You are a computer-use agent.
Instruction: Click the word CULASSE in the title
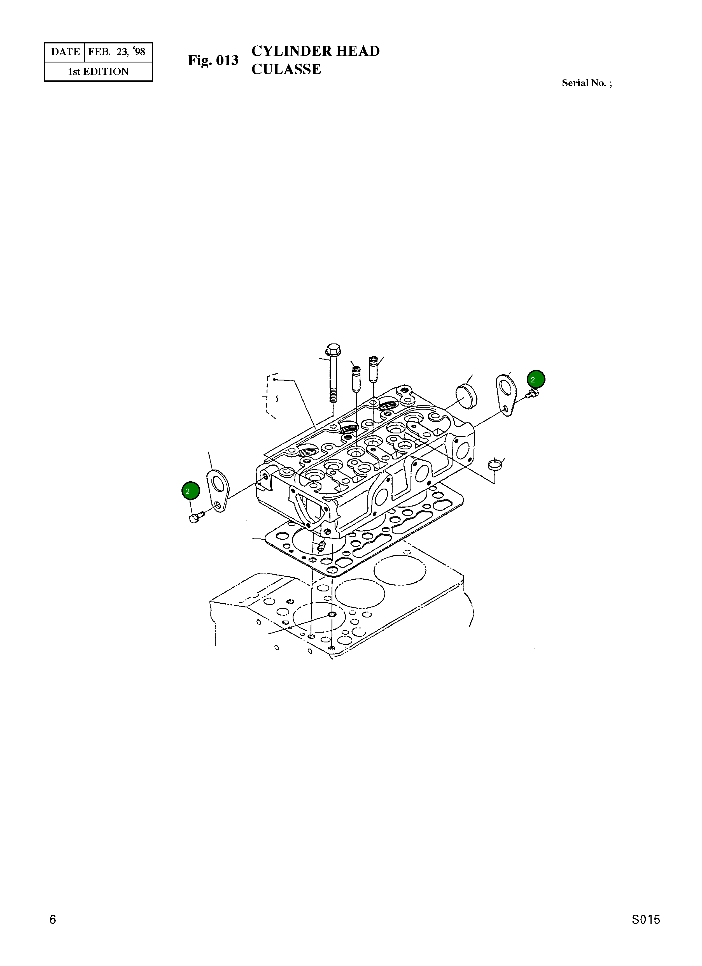[x=286, y=69]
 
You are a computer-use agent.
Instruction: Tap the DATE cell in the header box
[x=65, y=52]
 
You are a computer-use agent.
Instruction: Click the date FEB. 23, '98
[x=117, y=52]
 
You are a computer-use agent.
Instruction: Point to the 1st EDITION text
[x=98, y=71]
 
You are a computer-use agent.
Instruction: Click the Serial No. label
[x=587, y=83]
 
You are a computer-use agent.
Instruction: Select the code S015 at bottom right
[x=645, y=932]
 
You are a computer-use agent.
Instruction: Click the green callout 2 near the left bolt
[x=191, y=491]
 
